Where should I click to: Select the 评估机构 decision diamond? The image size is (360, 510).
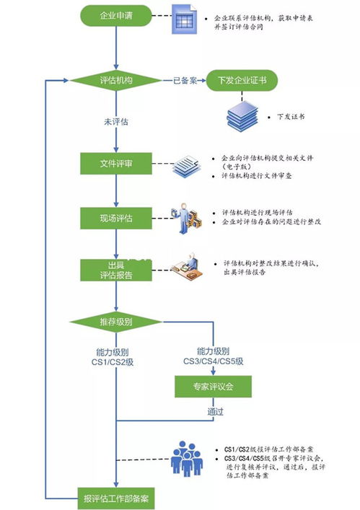[116, 81]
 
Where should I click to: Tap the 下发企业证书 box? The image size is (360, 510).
[240, 81]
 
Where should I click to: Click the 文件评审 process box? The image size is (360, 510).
[116, 164]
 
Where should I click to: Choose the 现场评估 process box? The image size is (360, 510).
[116, 216]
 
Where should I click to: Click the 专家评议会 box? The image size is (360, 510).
[214, 387]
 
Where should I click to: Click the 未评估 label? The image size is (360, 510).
[116, 121]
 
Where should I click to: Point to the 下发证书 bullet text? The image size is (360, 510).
[291, 115]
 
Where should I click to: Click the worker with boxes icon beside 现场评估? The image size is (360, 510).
[185, 217]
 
